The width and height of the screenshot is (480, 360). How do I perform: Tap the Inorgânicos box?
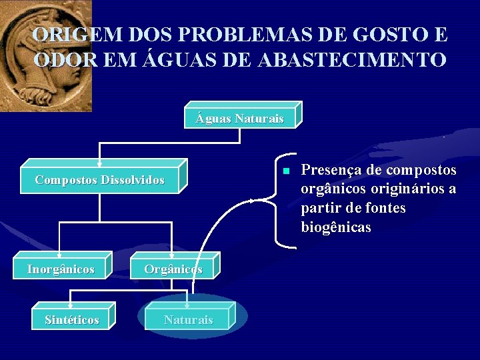61,269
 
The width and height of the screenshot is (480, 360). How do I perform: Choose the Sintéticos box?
72,320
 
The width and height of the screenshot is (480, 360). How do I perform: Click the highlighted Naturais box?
189,320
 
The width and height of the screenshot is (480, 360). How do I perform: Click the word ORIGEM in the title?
64,35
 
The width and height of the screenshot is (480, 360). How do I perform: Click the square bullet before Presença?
285,171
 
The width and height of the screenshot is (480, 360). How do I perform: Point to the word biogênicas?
336,227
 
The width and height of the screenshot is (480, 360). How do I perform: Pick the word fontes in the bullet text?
381,208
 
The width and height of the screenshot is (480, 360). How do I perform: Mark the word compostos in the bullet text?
421,170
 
